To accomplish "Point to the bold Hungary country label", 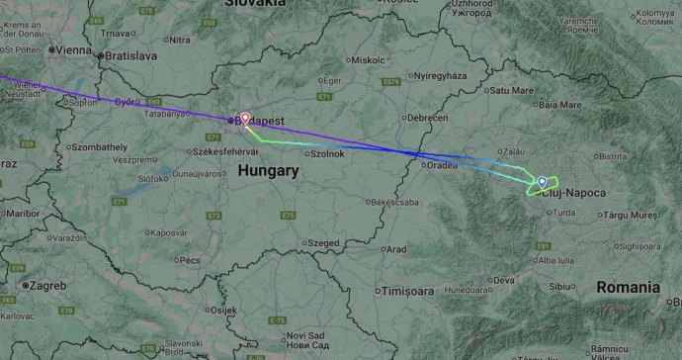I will point(268,171).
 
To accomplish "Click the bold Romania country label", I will point(628,287).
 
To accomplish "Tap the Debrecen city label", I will point(428,118).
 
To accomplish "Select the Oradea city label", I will point(442,165).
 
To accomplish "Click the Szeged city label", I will point(322,242).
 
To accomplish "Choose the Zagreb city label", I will point(47,286).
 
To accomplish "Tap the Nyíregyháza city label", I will point(440,76).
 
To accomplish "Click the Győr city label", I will point(126,101).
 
